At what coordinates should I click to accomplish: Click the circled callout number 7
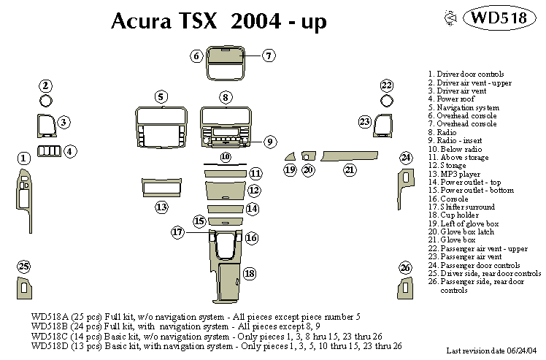[269, 55]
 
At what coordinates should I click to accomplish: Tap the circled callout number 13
[161, 208]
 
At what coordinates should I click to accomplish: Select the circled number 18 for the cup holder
[249, 274]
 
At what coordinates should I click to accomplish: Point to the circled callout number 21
[350, 170]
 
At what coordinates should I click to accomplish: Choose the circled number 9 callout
[269, 141]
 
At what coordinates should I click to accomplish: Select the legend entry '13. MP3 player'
[454, 174]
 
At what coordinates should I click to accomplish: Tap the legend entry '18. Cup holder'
[453, 215]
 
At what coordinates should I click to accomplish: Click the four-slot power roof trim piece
[50, 152]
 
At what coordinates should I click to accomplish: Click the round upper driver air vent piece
[45, 101]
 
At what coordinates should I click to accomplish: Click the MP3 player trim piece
[161, 187]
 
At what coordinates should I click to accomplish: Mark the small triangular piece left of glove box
[290, 156]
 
